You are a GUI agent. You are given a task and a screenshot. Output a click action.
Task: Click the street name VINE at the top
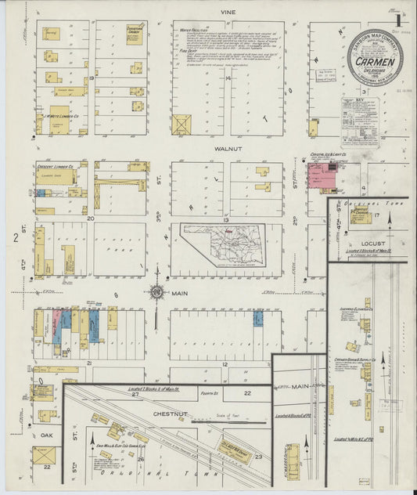(x=228, y=13)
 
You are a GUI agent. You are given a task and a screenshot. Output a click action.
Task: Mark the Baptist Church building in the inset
(x=361, y=215)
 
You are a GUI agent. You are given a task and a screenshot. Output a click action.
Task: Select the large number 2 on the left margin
(x=16, y=236)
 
